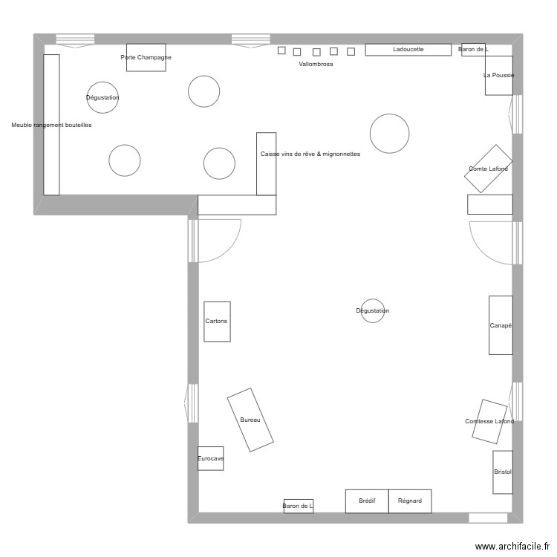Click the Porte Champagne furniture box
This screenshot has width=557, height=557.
click(x=146, y=58)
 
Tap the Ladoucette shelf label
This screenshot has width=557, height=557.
click(x=408, y=50)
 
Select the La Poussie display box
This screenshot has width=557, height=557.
click(x=498, y=75)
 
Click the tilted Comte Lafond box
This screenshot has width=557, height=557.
click(x=488, y=169)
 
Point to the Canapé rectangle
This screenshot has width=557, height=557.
click(x=501, y=325)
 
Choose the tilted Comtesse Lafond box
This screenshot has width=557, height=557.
click(x=489, y=422)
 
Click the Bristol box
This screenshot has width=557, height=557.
click(x=503, y=472)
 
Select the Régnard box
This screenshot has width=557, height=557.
click(x=410, y=501)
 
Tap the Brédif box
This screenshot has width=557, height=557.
click(x=367, y=501)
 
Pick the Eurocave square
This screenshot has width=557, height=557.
click(x=210, y=458)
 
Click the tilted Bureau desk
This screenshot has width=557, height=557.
click(x=250, y=420)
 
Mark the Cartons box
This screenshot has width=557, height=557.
click(x=217, y=322)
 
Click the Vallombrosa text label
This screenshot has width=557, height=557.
click(x=316, y=65)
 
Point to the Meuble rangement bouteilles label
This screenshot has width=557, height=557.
click(x=51, y=126)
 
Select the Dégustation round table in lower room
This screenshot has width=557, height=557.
click(x=372, y=310)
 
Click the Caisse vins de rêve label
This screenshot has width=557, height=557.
click(x=310, y=154)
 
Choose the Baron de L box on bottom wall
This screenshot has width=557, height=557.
click(x=298, y=506)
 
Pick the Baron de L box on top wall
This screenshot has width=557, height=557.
click(x=473, y=50)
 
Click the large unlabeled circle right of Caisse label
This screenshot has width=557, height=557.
click(x=389, y=134)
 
